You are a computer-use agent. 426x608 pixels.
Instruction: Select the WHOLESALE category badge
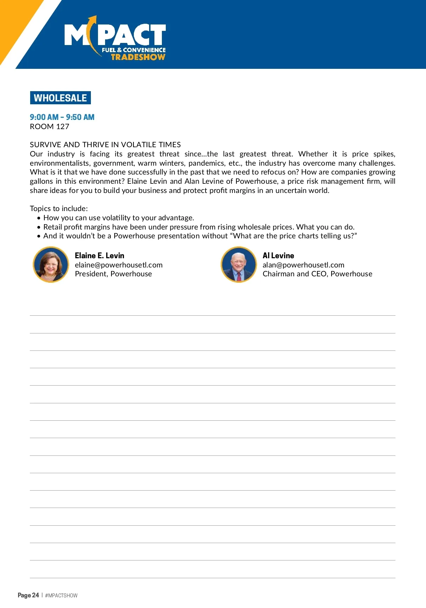click(x=60, y=98)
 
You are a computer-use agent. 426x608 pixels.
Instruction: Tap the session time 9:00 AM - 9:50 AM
click(x=62, y=117)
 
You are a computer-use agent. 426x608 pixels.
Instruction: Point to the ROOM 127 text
click(x=49, y=127)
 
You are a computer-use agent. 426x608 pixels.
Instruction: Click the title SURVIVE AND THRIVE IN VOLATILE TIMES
click(x=105, y=145)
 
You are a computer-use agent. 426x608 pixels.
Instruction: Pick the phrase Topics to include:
click(x=59, y=209)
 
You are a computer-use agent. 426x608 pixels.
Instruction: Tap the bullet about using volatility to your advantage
click(x=119, y=218)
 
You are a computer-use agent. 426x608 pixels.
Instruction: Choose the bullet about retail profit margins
click(x=199, y=227)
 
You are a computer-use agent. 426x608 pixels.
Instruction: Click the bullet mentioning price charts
click(x=200, y=236)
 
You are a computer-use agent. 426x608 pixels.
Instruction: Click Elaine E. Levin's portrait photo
click(x=51, y=265)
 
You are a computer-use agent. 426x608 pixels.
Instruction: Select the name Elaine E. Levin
click(x=99, y=255)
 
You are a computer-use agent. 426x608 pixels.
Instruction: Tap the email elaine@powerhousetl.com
click(x=119, y=265)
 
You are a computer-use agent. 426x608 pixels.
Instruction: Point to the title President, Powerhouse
click(x=113, y=274)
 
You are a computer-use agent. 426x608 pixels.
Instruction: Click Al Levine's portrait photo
click(x=239, y=265)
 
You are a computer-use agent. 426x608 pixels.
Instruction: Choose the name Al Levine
click(x=278, y=255)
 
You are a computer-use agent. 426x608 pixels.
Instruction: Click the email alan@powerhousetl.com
click(x=304, y=265)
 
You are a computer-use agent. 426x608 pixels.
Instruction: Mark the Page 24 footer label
click(x=28, y=595)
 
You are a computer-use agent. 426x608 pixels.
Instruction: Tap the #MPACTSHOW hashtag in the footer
click(x=61, y=596)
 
